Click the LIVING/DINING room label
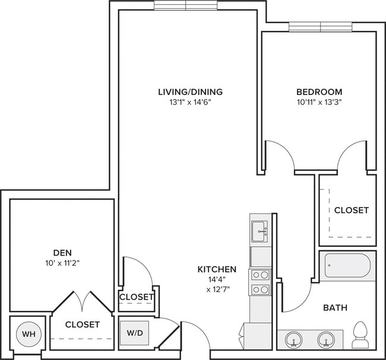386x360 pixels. [190, 92]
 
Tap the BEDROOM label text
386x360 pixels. [319, 92]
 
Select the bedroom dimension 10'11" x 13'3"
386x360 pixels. [319, 101]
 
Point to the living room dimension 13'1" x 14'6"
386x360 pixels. [190, 101]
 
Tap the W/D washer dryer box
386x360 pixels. [134, 333]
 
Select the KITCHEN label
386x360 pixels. [217, 269]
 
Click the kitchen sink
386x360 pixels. [260, 231]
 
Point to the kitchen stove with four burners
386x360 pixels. [260, 282]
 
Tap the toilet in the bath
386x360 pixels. [360, 335]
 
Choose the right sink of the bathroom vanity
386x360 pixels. [324, 340]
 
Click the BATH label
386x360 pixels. [335, 308]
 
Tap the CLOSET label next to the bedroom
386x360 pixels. [351, 210]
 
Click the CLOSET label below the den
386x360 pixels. [82, 324]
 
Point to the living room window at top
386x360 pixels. [187, 5]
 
